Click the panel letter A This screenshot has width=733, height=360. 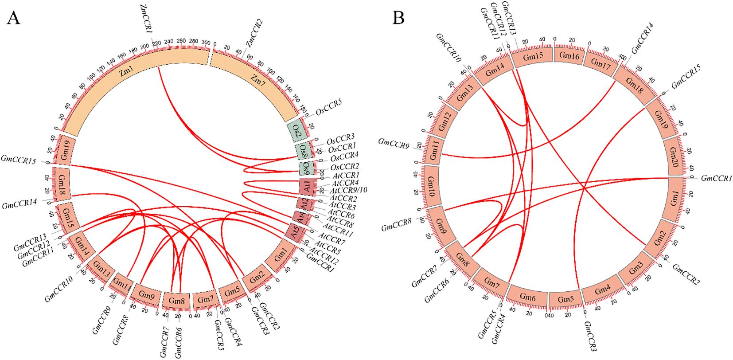point(14,18)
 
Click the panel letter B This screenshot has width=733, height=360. point(398,18)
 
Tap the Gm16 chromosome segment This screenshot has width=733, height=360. point(569,55)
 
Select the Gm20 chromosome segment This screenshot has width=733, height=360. point(672,156)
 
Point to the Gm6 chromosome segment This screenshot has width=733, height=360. point(527,298)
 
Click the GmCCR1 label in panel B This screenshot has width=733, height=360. point(716,178)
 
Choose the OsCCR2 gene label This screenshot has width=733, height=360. point(344,167)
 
